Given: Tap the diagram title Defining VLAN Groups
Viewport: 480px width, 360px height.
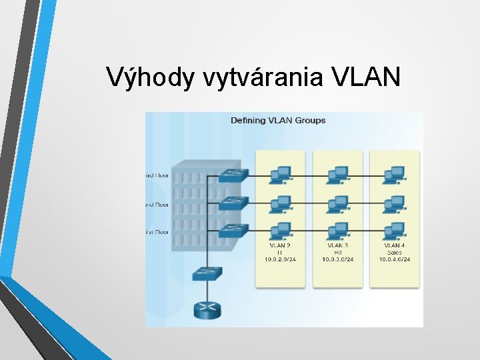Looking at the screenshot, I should [278, 121].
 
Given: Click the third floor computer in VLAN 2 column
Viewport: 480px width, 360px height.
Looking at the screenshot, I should [280, 174].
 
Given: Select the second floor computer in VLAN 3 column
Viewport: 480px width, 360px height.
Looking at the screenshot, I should [338, 202].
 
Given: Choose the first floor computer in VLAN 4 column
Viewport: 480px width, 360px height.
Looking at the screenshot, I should [395, 230].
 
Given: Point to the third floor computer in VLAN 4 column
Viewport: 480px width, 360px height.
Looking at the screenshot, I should [395, 174].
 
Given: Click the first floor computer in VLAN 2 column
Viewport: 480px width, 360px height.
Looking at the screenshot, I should [280, 230].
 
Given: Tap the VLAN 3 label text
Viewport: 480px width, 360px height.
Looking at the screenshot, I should [338, 245].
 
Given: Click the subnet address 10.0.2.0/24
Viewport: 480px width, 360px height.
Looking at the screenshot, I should [281, 259].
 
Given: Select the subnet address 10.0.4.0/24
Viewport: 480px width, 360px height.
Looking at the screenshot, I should [395, 259].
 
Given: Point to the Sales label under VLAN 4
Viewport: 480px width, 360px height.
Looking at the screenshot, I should [395, 253].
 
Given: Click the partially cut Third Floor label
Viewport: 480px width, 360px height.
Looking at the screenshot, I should [157, 176].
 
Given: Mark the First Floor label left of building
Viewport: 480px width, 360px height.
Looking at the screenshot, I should [157, 231].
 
